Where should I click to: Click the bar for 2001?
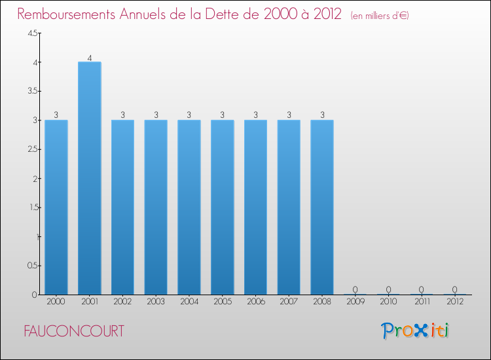(89, 178)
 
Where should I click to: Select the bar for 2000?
(56, 207)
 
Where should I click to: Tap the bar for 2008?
(322, 207)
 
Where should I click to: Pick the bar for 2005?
(222, 207)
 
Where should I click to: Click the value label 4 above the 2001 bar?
(89, 57)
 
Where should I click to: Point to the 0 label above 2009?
(355, 289)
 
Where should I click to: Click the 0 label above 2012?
(455, 289)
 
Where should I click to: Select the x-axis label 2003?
(156, 302)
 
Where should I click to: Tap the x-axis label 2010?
(388, 302)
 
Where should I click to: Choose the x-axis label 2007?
(289, 302)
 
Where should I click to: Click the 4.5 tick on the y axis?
(32, 33)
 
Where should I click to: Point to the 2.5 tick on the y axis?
(32, 149)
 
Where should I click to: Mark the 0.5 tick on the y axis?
(32, 265)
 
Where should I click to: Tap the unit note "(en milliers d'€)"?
(380, 16)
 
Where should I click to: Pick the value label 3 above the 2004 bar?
(189, 115)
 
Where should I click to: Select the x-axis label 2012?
(455, 302)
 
